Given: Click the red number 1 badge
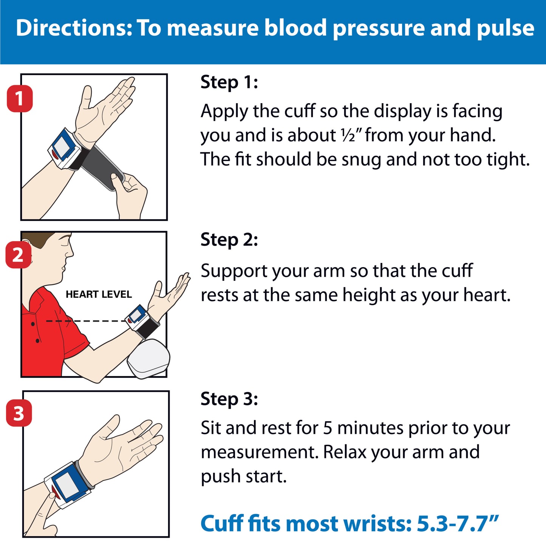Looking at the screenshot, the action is coord(20,98).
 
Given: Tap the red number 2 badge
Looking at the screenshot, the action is coord(18,255).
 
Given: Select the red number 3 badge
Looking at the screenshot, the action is coord(19,413).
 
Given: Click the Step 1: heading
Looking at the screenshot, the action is coord(229,82).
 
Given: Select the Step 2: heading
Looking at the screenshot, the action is coord(229,240).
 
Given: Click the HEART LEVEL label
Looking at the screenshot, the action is coord(99,294).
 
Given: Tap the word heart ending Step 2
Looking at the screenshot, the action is coord(487,295).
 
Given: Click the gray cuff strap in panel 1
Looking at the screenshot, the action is coord(102,167).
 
